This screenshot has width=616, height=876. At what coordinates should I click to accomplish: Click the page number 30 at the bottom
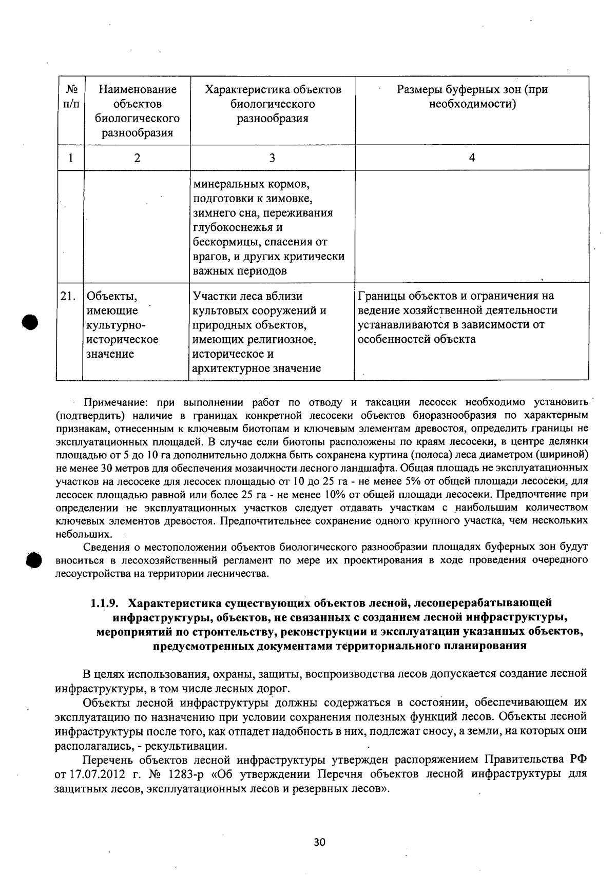click(x=319, y=842)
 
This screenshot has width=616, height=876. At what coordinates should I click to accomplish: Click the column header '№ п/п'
click(x=70, y=97)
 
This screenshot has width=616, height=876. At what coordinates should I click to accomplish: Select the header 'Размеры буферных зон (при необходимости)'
click(x=472, y=97)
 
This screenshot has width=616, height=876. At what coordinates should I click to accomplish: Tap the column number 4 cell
click(x=472, y=158)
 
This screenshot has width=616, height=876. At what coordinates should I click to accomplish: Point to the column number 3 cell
click(x=272, y=158)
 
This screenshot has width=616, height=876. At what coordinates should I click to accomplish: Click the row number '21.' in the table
click(x=68, y=297)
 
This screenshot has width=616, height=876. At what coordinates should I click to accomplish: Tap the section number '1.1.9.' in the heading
click(x=106, y=602)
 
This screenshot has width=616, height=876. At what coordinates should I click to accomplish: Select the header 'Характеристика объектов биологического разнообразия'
click(x=273, y=104)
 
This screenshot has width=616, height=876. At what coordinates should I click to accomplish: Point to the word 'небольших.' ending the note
click(x=80, y=534)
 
